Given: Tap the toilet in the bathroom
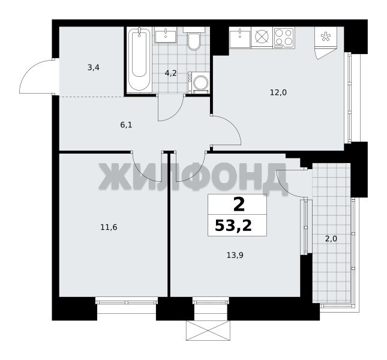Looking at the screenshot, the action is (194, 39).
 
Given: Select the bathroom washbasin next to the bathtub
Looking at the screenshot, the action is (166, 35).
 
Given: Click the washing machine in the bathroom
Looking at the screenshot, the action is (199, 83).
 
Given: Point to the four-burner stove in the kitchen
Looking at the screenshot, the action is (284, 38).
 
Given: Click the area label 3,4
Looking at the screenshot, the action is (93, 67).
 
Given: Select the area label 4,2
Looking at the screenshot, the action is (171, 73).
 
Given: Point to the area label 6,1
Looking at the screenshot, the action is (126, 125).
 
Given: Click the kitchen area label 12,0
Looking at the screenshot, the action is (278, 93).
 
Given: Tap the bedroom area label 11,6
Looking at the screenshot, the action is (109, 227).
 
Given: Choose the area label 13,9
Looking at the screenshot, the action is (235, 255).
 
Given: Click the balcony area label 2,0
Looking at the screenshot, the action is (331, 239).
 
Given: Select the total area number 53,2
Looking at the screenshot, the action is (233, 226).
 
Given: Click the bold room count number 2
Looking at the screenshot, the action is (239, 205).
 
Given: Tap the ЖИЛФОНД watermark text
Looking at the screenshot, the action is (193, 176).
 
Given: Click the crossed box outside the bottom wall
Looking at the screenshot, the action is (208, 331).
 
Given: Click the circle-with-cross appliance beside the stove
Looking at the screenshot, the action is (262, 37).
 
